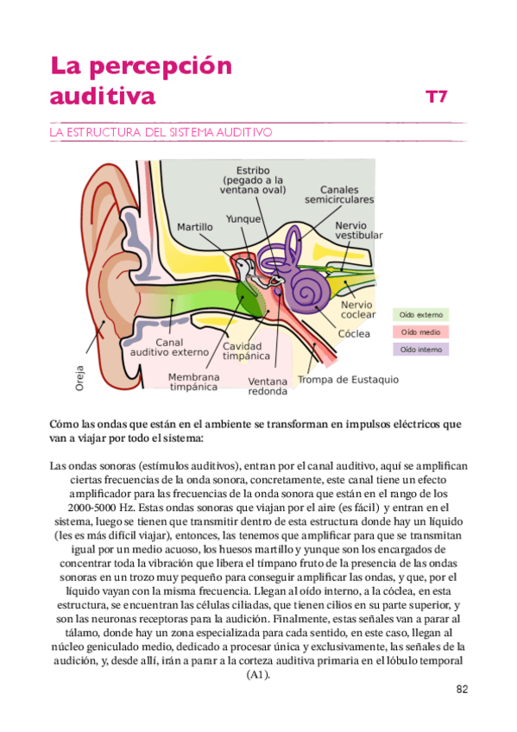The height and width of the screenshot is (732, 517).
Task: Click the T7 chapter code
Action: tap(436, 98)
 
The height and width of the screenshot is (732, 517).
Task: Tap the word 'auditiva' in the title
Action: tap(102, 96)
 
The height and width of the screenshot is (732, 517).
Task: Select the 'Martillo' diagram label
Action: tap(194, 226)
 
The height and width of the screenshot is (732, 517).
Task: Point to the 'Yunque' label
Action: tap(243, 219)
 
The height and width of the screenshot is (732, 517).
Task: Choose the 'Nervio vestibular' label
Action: tap(358, 230)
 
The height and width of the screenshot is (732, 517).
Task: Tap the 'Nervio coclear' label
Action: tap(356, 310)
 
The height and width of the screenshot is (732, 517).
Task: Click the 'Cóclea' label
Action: tap(354, 333)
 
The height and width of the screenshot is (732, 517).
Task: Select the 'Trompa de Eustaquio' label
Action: tap(348, 379)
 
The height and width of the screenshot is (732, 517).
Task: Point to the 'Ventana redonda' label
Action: tap(268, 386)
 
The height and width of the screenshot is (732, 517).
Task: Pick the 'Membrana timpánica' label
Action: tap(193, 382)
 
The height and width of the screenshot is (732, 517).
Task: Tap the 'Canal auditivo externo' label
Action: tap(169, 347)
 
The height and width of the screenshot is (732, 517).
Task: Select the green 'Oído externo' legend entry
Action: tap(420, 314)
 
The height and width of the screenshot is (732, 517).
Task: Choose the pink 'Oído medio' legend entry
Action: tap(420, 331)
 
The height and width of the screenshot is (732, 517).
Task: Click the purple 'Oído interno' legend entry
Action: tap(420, 349)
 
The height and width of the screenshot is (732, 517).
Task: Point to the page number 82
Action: tap(461, 690)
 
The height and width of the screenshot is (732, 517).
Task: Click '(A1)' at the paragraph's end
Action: tap(258, 675)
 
